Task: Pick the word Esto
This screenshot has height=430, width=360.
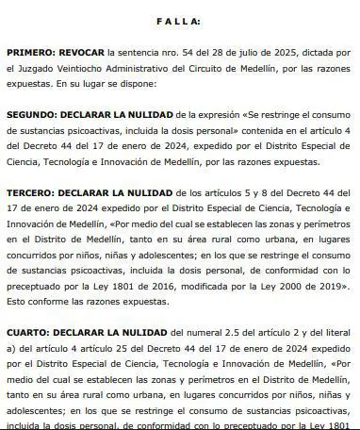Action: [x=17, y=306]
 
